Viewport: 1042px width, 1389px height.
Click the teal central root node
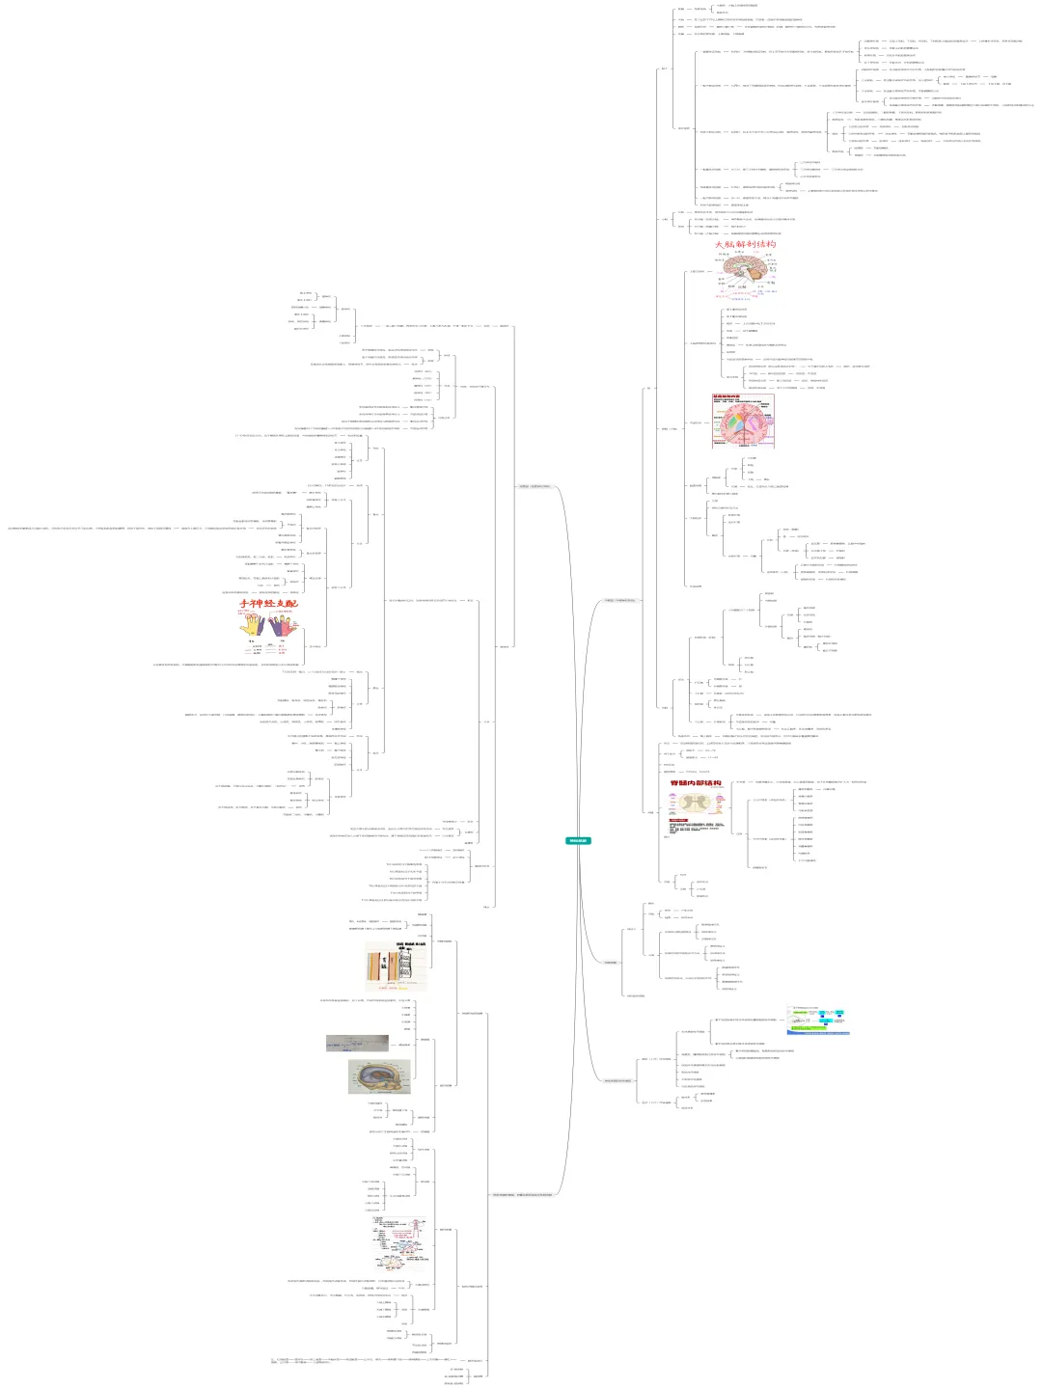pyautogui.click(x=577, y=841)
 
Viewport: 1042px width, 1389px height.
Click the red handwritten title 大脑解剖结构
pyautogui.click(x=744, y=245)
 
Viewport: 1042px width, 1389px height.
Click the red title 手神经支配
pyautogui.click(x=268, y=604)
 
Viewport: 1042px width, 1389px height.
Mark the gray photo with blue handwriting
pyautogui.click(x=356, y=1043)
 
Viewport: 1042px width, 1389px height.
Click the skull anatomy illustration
pyautogui.click(x=378, y=1076)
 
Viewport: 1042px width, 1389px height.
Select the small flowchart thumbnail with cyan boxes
pyautogui.click(x=818, y=1020)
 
